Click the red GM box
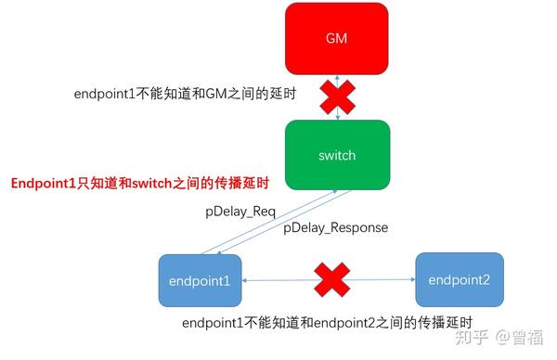(x=336, y=37)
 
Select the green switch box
(x=336, y=155)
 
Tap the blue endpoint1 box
(x=200, y=279)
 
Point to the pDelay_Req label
(x=240, y=212)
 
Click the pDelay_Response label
(x=336, y=227)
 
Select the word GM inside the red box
(x=336, y=38)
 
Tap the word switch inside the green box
(x=336, y=155)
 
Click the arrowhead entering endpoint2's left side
(x=410, y=278)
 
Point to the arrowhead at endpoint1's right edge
(x=246, y=279)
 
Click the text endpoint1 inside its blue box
(x=200, y=280)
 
